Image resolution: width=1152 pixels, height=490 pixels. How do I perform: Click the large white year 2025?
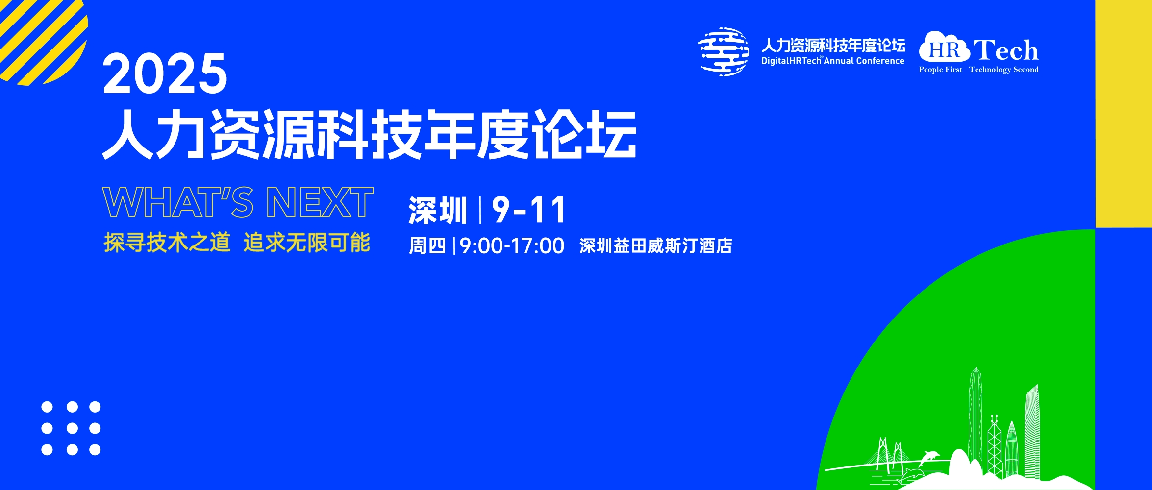(165, 73)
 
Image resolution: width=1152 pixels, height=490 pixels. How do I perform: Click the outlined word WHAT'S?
(178, 202)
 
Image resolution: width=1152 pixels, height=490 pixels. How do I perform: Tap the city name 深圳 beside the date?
(438, 211)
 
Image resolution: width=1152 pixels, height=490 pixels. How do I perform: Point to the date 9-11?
(529, 210)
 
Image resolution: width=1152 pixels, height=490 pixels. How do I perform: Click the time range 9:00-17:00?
(512, 246)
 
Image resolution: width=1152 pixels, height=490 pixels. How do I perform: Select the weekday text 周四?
(427, 246)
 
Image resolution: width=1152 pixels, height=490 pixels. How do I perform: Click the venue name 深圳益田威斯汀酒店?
(656, 246)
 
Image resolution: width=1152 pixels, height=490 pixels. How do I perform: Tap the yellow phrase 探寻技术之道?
(167, 243)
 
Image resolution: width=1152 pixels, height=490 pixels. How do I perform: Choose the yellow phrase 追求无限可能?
(307, 243)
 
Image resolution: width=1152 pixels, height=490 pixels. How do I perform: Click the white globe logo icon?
(724, 52)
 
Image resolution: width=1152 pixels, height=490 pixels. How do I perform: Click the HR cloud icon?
(944, 47)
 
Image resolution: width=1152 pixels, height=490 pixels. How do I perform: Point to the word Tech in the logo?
(1006, 50)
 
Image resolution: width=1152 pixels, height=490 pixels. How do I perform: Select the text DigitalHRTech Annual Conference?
(833, 61)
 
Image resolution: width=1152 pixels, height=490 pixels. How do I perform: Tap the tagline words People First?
(940, 70)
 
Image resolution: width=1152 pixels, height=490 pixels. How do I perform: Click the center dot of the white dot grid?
(72, 428)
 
